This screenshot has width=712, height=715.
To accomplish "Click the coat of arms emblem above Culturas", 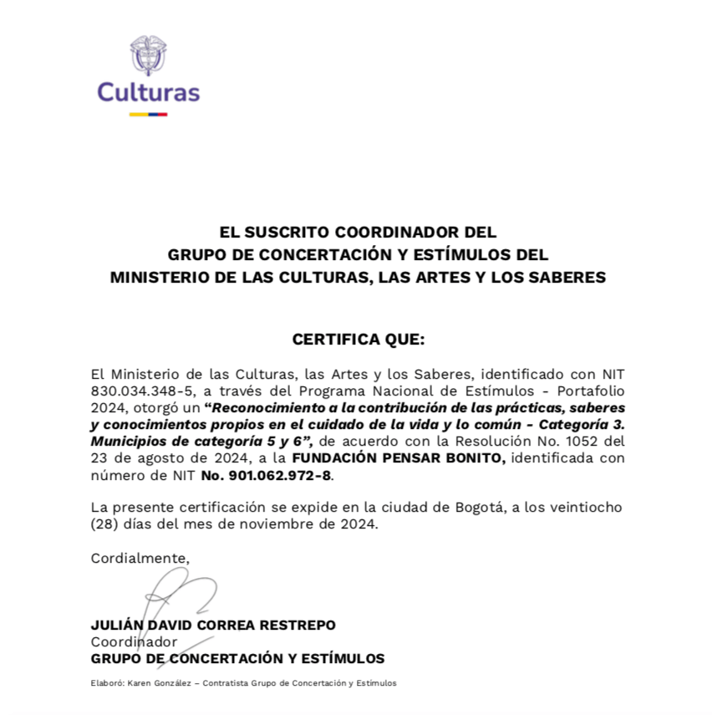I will pos(148,55).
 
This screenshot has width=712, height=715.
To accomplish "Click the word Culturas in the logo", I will pos(148,91).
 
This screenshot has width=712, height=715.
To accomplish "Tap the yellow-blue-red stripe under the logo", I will pos(148,114).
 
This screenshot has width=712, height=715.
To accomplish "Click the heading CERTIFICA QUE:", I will pos(358,340).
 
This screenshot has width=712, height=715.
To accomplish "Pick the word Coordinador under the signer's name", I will pos(134,641).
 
